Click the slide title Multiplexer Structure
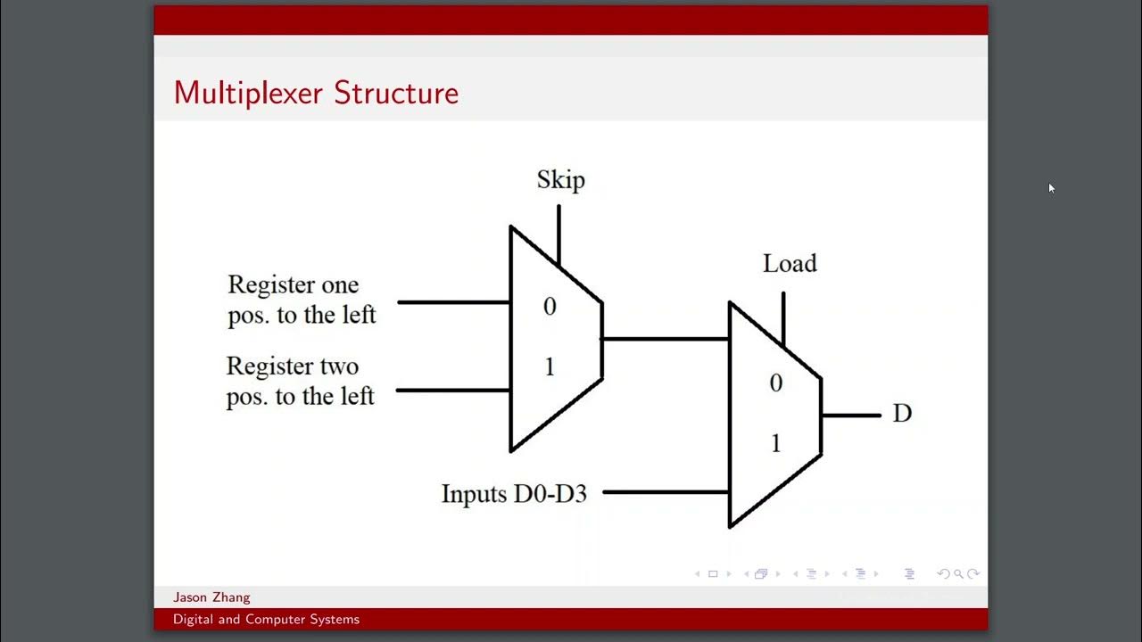[x=316, y=93]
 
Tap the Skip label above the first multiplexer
[x=560, y=180]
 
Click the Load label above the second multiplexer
[x=790, y=264]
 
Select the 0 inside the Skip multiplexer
[x=550, y=307]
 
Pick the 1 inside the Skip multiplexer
[x=550, y=366]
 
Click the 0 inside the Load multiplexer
[x=775, y=383]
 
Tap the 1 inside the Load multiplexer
[x=775, y=443]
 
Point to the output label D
[x=902, y=414]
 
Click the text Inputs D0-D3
[x=514, y=493]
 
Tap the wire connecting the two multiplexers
[x=665, y=339]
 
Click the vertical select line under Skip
[x=559, y=234]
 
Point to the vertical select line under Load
[x=783, y=317]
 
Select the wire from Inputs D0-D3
[x=665, y=491]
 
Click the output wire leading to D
[x=850, y=415]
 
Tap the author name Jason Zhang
[x=211, y=597]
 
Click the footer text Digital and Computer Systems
[x=266, y=619]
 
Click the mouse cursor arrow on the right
[x=1051, y=187]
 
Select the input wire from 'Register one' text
[x=453, y=302]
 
